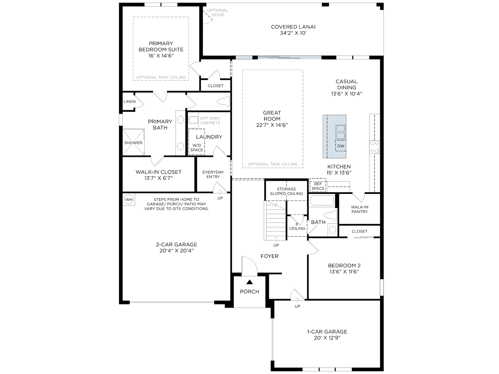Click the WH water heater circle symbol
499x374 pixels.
129,199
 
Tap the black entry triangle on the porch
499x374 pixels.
249,282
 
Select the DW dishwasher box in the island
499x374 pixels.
341,146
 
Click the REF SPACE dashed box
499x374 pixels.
318,185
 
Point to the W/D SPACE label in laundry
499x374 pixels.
197,148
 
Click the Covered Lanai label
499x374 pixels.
293,27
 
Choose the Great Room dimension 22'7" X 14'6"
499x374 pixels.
272,125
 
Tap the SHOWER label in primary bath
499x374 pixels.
133,143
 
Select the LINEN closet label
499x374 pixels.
129,102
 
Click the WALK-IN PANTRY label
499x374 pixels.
359,209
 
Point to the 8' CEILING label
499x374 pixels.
297,226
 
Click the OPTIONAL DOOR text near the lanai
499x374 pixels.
218,12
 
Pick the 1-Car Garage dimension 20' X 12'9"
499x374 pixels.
327,338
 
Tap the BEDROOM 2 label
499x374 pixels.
344,266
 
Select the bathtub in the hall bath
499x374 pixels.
322,200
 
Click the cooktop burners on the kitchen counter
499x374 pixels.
374,147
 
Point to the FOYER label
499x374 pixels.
269,256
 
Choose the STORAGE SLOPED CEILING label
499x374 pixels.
286,191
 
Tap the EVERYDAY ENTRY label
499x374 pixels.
213,175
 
